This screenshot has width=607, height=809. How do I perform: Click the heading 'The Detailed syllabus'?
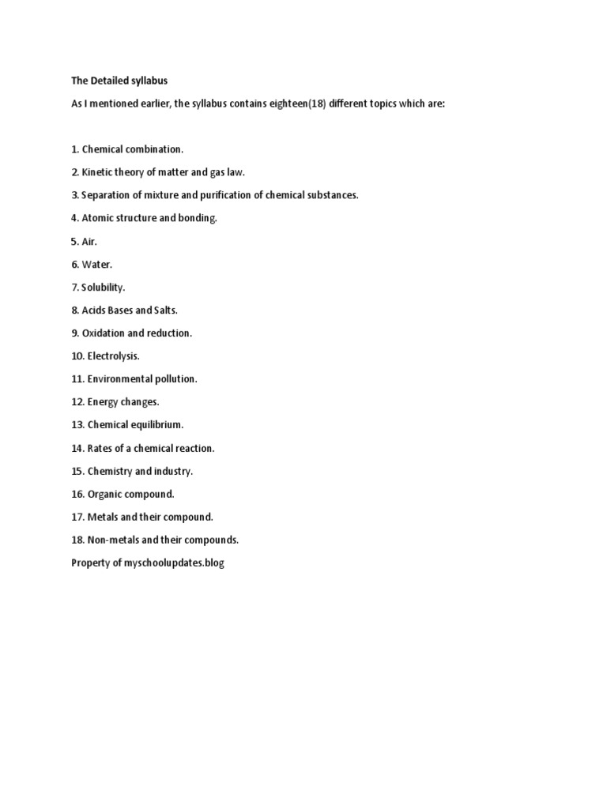tap(119, 81)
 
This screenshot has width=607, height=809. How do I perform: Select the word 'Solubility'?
tap(103, 288)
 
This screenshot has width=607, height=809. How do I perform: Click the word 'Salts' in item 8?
tap(163, 310)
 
